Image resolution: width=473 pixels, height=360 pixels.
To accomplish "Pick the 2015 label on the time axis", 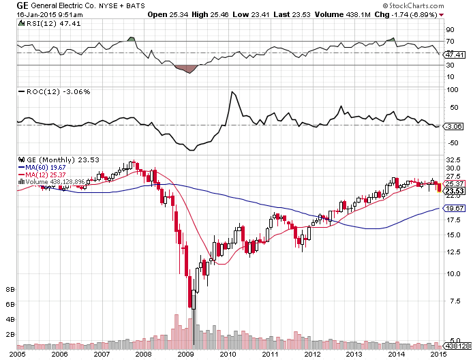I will click(x=438, y=354).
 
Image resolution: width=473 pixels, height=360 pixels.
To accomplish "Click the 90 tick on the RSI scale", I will click(x=451, y=30).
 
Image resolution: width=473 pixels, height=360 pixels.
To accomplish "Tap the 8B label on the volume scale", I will click(x=10, y=289).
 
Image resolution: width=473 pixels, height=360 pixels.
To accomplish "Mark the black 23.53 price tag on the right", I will click(x=454, y=192).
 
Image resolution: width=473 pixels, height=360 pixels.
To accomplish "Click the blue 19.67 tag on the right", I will click(x=454, y=208).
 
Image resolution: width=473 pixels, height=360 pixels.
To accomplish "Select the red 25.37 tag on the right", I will click(x=454, y=184).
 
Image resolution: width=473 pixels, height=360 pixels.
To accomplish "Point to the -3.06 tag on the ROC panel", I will click(x=454, y=126).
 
